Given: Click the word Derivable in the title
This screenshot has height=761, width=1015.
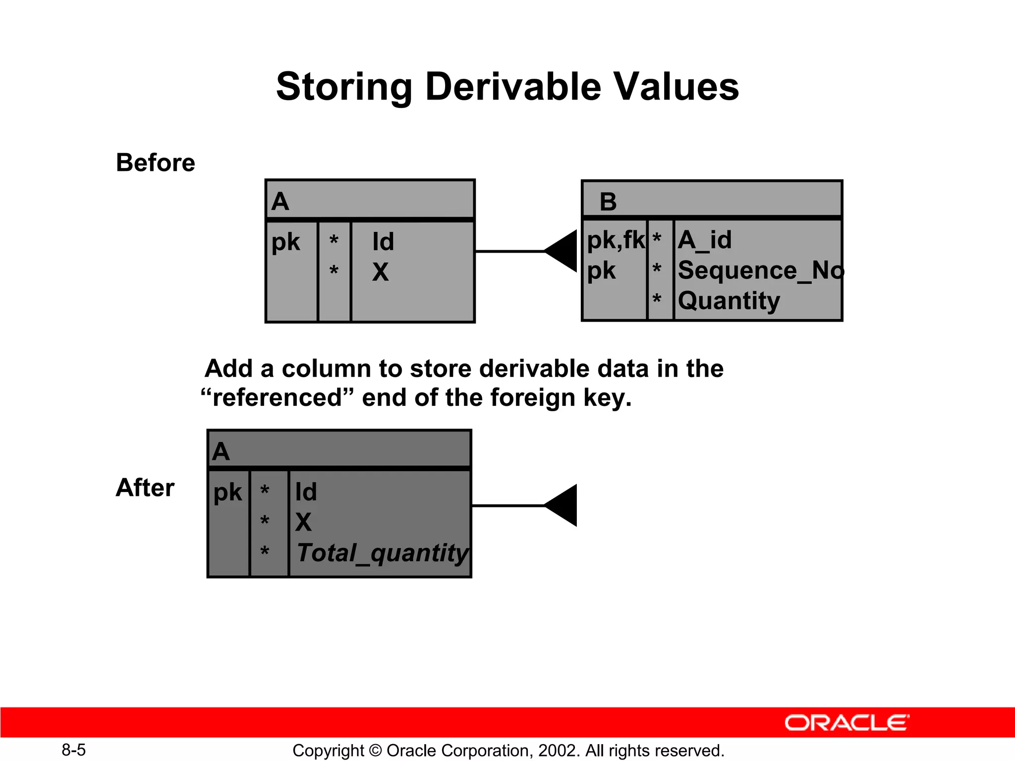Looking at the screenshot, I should pos(513,87).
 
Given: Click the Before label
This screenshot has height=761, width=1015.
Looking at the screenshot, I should pos(155,163).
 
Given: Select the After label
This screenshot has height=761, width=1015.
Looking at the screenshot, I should pos(145,488).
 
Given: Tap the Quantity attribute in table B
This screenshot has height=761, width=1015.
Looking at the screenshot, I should pos(729,301).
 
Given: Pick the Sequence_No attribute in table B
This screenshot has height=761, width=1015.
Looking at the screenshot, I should pos(759,271).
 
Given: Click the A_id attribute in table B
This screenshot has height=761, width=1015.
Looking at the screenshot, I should pos(704,240).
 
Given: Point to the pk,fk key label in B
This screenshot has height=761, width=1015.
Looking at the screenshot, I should pos(615,240).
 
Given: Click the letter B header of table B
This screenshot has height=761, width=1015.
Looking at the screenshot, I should pos(608,202).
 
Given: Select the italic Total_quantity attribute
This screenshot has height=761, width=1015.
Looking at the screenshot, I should pos(382,553).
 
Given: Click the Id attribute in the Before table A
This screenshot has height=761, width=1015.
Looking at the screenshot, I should pos(383,242).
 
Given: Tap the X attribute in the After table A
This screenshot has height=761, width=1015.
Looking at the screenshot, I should pos(303,522).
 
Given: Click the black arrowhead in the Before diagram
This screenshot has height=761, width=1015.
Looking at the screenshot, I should pos(563,251).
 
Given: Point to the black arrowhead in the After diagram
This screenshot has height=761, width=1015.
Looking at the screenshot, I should pos(563,505).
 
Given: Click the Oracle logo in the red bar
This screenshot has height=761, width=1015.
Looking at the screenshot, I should pos(846,723).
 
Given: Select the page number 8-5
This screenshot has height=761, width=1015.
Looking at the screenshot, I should pos(73,750).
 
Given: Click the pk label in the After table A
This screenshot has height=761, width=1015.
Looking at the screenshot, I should pos(227,492).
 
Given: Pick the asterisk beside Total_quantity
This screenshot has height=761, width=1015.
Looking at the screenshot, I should pos(265,551).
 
